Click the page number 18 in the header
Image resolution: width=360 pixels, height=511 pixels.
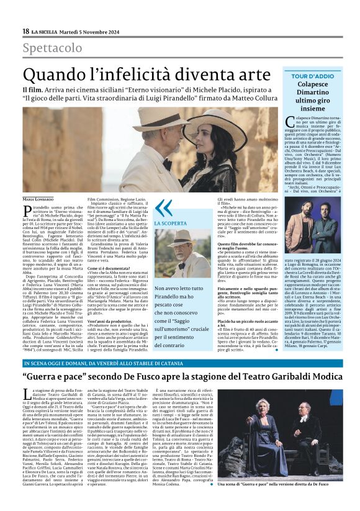pyautogui.click(x=25, y=31)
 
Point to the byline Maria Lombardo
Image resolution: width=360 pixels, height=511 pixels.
pyautogui.click(x=40, y=199)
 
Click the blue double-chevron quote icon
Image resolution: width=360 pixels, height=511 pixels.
pyautogui.click(x=163, y=208)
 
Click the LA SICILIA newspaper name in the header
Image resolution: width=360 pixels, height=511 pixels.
pyautogui.click(x=45, y=31)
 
